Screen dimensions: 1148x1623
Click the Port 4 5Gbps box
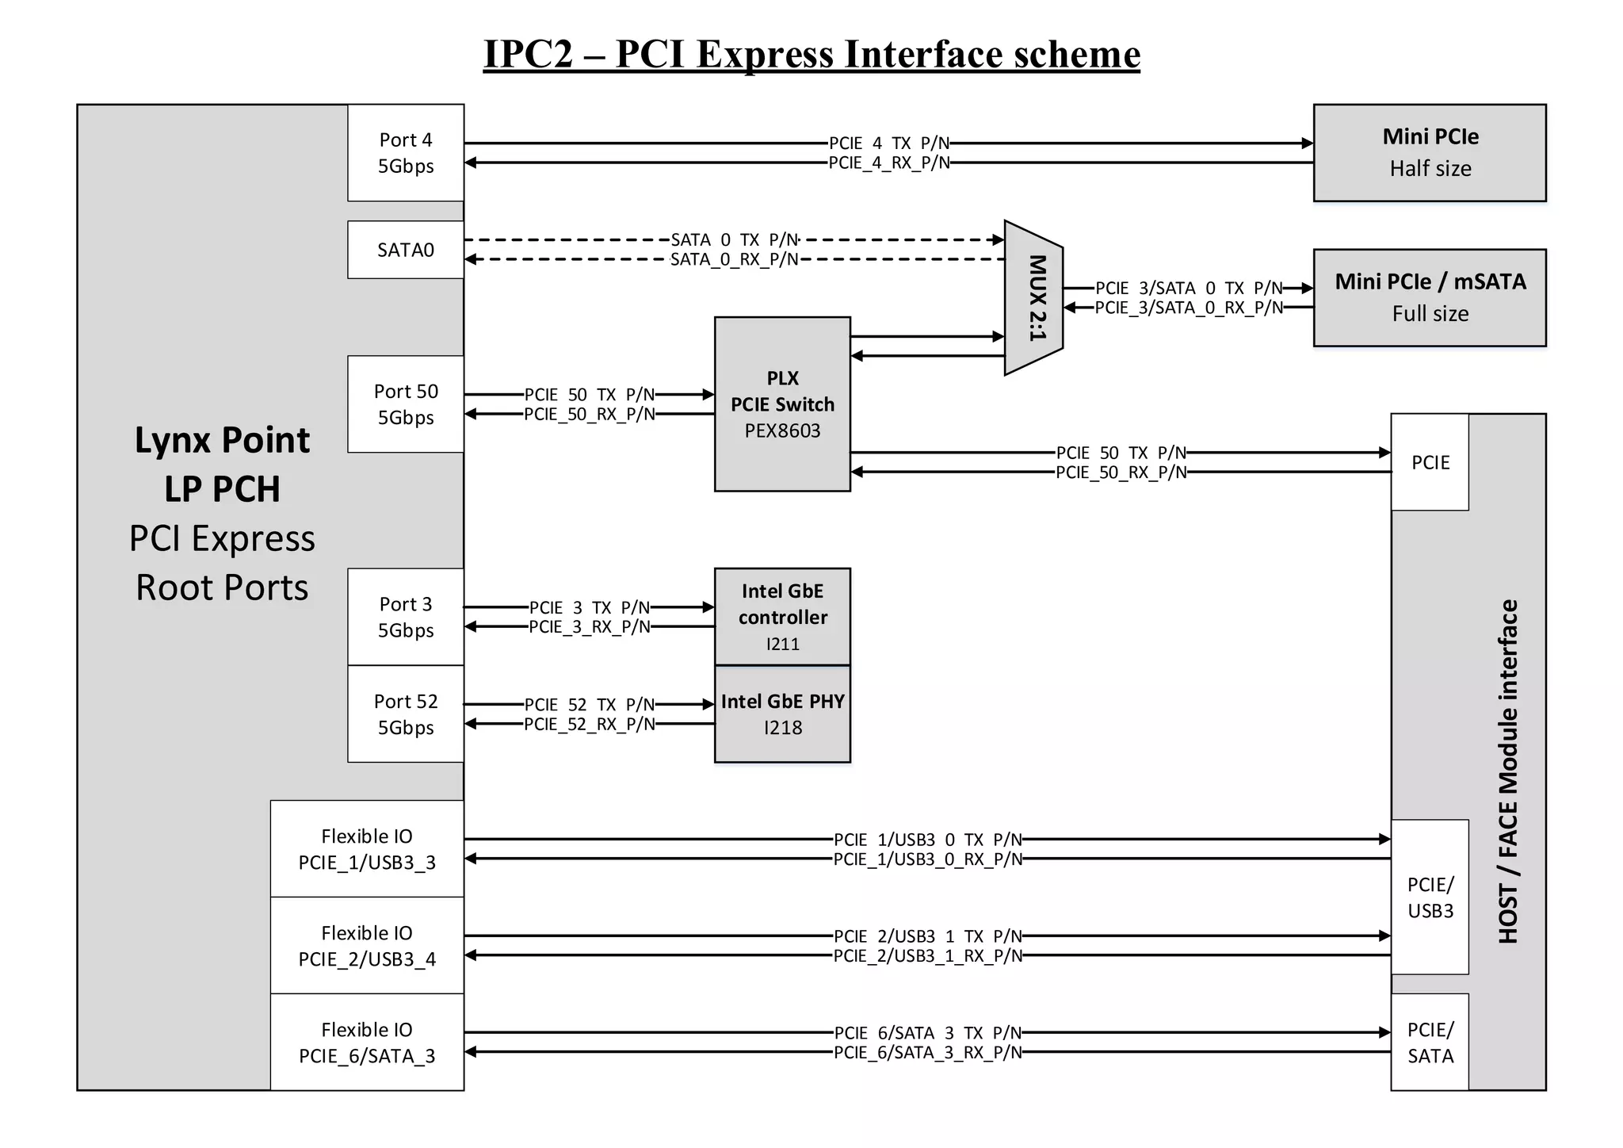coord(405,153)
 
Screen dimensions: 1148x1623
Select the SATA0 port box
coord(405,250)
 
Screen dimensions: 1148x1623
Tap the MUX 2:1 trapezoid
coord(1034,298)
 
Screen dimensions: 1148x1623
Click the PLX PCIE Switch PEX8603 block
coord(782,404)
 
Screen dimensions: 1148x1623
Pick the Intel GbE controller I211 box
coord(782,617)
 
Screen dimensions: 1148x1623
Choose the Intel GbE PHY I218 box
coord(782,714)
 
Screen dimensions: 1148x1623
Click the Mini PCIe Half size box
coord(1430,152)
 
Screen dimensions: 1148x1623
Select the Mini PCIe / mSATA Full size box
coord(1430,297)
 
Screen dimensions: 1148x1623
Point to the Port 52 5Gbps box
coord(405,714)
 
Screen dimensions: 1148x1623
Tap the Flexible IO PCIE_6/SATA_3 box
coord(367,1043)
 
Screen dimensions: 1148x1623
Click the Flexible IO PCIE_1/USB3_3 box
coord(367,849)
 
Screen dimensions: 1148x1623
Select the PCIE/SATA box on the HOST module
coord(1430,1043)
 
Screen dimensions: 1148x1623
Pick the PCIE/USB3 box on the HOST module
coord(1430,897)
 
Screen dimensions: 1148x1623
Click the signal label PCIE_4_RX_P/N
coord(888,163)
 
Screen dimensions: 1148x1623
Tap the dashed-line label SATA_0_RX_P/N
coord(734,260)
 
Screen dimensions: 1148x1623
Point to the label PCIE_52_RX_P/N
coord(590,725)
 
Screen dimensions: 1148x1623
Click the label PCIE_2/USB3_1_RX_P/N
coord(927,956)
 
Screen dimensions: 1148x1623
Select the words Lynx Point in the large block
coord(222,440)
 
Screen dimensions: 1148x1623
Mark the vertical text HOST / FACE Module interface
coord(1508,771)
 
